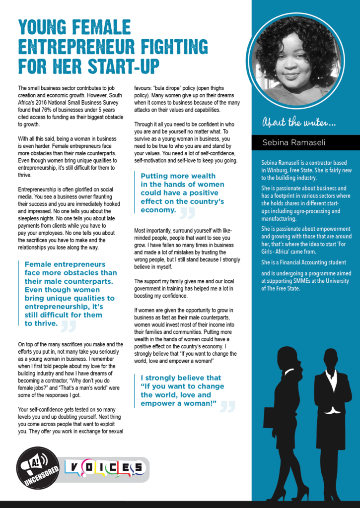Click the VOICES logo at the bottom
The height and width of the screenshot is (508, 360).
click(105, 467)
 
